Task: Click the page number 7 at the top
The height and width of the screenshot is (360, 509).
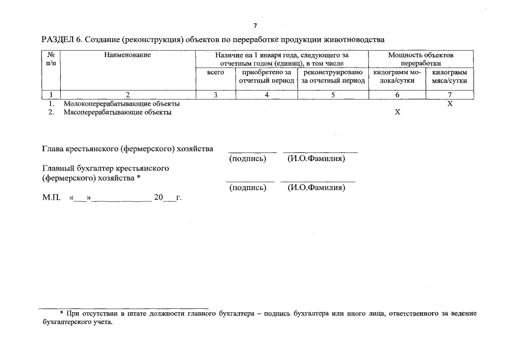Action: point(255,26)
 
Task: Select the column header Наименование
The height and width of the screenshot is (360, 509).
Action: point(127,55)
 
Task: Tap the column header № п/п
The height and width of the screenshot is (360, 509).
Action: point(51,59)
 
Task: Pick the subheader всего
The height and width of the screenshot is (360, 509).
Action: point(215,73)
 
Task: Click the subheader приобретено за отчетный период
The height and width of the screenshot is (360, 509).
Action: point(267,76)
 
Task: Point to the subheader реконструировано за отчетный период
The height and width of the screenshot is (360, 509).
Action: point(333,76)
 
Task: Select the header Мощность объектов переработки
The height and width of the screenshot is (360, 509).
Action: point(420,59)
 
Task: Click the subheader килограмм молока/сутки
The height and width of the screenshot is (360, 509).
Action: point(397,76)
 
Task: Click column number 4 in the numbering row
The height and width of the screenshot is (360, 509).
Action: point(267,95)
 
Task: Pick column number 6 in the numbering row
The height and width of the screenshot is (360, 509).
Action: point(397,95)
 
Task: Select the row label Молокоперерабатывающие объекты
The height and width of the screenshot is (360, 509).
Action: point(121,104)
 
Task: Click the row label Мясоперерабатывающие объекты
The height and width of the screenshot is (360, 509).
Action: point(118,112)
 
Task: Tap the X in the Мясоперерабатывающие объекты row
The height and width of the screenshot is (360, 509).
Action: point(397,112)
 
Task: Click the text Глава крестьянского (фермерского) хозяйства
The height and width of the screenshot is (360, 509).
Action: point(128,149)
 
